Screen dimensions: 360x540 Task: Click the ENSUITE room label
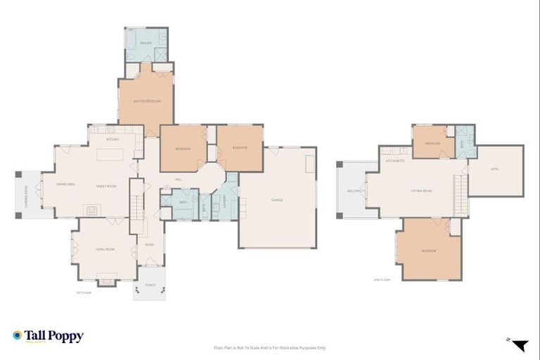(x=146, y=43)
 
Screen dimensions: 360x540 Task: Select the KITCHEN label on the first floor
(x=112, y=139)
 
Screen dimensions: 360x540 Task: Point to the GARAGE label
(x=277, y=200)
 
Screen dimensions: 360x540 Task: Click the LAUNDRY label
(x=224, y=202)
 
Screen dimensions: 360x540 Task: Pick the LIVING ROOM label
(x=105, y=249)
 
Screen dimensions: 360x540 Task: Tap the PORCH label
(x=150, y=285)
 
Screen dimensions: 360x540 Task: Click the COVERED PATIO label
(x=27, y=194)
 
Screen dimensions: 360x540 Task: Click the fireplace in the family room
(x=91, y=210)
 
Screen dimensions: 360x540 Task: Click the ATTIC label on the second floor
(x=495, y=169)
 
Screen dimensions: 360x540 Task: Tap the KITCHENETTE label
(x=394, y=161)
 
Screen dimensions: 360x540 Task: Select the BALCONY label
(x=354, y=191)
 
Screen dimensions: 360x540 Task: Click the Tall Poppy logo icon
(x=18, y=336)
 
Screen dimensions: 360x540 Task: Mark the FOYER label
(x=149, y=245)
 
